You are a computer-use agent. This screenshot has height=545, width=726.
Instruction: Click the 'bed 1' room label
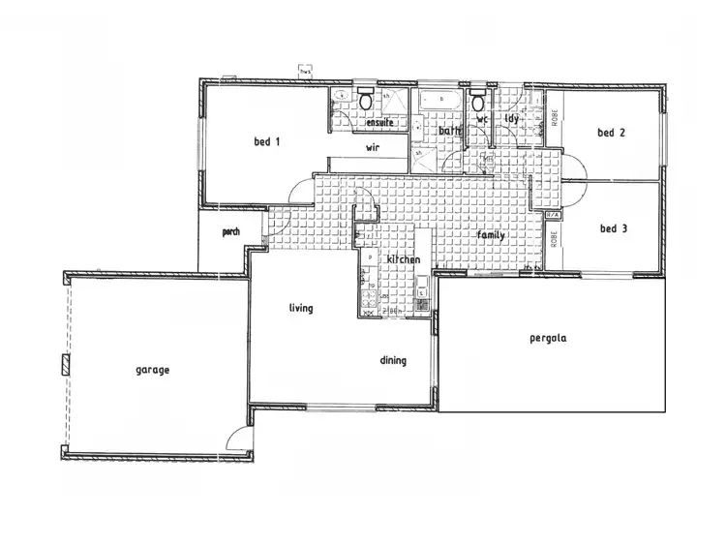(266, 142)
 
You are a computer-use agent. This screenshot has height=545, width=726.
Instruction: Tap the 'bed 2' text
(609, 133)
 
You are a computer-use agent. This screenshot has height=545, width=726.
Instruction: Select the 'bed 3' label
(612, 228)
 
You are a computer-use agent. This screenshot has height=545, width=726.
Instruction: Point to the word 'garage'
(152, 370)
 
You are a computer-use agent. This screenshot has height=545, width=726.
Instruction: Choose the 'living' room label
(301, 308)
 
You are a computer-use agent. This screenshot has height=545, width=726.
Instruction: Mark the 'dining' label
(393, 360)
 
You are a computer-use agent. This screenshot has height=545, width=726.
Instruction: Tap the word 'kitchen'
(403, 260)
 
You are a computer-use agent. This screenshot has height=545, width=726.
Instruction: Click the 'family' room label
(490, 235)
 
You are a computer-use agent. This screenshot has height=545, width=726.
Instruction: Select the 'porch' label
(230, 232)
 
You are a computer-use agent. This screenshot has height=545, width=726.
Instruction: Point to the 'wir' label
(371, 148)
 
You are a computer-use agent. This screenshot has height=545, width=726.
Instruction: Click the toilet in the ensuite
(365, 100)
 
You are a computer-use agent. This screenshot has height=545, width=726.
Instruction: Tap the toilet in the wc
(478, 101)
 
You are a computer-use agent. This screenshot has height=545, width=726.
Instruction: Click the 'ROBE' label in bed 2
(556, 118)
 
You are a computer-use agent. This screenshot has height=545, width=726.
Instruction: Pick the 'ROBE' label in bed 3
(556, 239)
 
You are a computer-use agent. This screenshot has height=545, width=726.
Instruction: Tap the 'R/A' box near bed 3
(553, 215)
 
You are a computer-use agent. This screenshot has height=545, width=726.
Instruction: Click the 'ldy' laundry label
(511, 119)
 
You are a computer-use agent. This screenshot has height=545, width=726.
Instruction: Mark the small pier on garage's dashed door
(66, 365)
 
